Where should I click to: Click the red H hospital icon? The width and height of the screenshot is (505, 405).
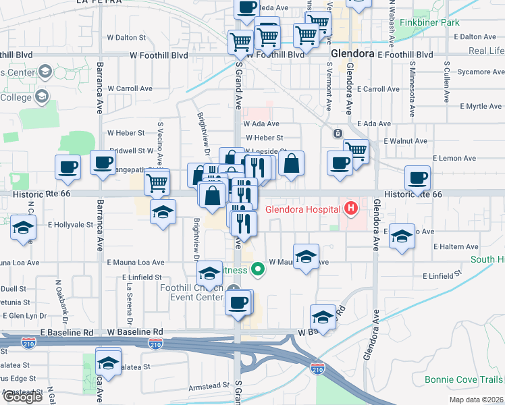(351, 208)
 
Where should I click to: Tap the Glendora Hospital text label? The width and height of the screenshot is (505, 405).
(302, 209)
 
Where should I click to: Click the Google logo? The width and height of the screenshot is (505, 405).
(22, 397)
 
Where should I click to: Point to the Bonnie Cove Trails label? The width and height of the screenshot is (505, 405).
(464, 379)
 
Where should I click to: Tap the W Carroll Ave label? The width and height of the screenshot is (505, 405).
(130, 88)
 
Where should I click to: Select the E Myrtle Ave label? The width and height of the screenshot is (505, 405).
(481, 106)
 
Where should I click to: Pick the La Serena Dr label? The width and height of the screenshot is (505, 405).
(128, 301)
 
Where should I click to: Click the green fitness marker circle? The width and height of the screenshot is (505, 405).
(257, 271)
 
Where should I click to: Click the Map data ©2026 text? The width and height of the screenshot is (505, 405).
(475, 400)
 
